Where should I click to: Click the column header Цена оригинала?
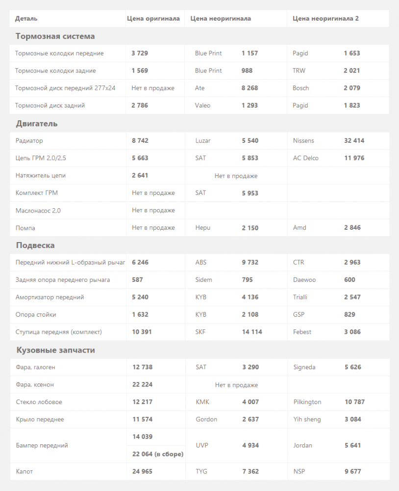point(153,19)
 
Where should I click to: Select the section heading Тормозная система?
point(55,36)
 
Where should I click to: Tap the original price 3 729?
point(140,53)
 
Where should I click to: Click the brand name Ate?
point(199,88)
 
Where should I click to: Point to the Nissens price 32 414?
point(354,141)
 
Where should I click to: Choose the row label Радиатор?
point(29,141)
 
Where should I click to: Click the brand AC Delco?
point(305,158)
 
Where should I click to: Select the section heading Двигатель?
point(37,124)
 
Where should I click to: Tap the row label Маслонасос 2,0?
point(38,211)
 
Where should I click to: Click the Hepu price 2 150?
point(249,228)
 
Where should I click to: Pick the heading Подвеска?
point(35,245)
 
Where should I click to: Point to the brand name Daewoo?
point(304,280)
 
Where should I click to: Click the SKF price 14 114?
point(252,332)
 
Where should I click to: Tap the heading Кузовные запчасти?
point(55,350)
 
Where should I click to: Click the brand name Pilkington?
point(307,402)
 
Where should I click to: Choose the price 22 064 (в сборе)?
point(158,454)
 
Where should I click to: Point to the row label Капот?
point(25,471)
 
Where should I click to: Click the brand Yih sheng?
point(307,419)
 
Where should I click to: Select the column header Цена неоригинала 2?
point(325,19)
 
